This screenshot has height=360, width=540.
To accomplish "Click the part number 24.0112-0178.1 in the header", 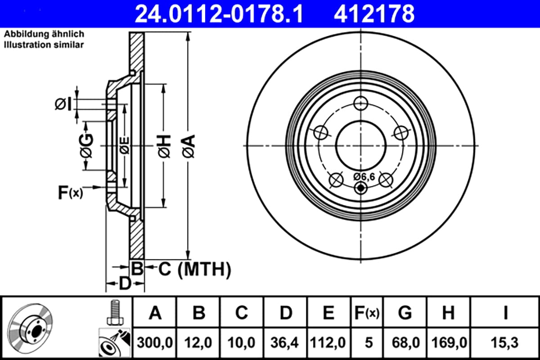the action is [x=219, y=14].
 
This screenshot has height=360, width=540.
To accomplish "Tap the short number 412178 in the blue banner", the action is [x=374, y=14].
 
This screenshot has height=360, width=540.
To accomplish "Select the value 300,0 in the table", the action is [x=155, y=342].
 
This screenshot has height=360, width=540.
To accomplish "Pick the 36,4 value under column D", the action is [x=284, y=342].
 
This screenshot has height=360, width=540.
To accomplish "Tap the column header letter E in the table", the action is [x=328, y=313].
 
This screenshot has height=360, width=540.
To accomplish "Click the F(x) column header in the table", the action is [x=367, y=313].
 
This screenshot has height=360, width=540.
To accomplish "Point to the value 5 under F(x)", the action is [x=369, y=342].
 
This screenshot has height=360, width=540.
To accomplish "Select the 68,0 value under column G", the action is [x=405, y=342].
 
